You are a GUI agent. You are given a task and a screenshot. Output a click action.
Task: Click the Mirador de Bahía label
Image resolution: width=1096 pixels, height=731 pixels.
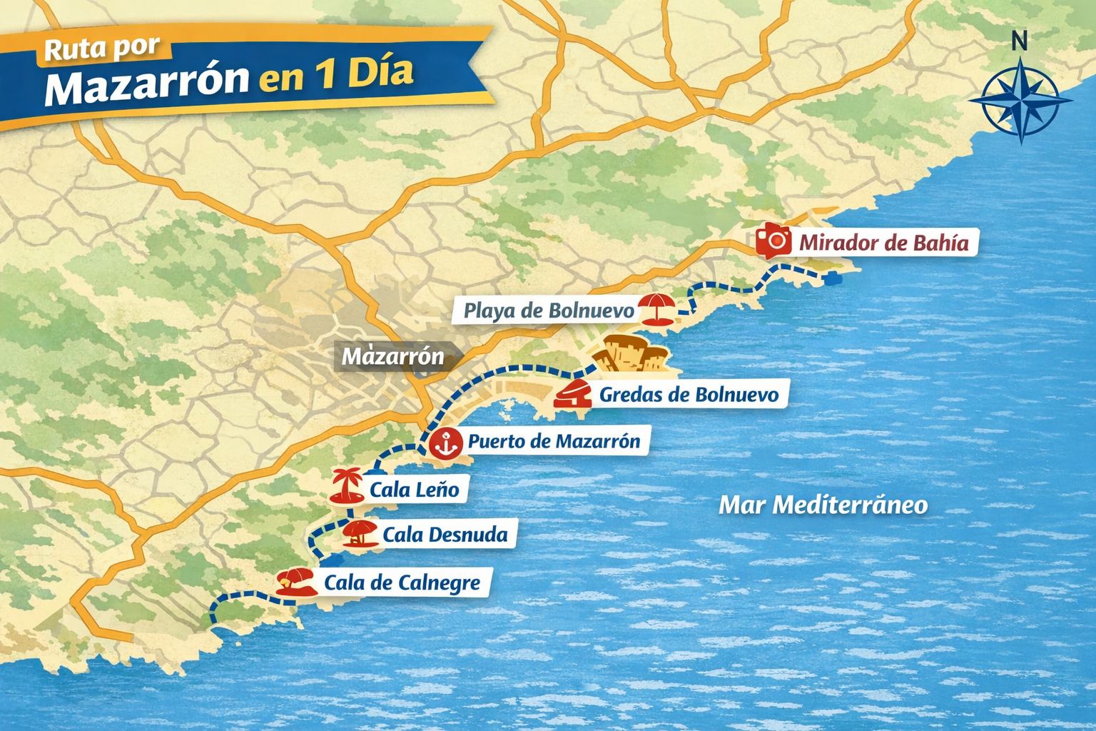883,243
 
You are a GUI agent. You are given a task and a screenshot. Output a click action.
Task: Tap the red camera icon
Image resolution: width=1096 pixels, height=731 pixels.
773,240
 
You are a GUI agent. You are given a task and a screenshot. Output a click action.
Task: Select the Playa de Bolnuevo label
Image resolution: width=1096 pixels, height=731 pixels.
548,311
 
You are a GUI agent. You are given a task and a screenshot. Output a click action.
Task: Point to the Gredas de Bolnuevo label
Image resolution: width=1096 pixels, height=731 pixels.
689,394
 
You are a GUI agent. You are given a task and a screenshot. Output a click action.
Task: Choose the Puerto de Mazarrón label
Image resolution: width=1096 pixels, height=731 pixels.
554,441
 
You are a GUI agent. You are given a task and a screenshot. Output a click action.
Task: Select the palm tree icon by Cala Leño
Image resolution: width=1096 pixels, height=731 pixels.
347,486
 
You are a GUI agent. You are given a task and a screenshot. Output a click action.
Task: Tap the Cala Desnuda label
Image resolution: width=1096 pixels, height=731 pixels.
445,535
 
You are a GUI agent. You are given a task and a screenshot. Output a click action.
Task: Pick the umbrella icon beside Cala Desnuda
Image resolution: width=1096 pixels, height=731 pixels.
360,533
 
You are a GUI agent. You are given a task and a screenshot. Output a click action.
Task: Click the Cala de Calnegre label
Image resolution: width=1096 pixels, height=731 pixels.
402,583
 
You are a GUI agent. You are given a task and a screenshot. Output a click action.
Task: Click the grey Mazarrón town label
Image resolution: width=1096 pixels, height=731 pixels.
392,356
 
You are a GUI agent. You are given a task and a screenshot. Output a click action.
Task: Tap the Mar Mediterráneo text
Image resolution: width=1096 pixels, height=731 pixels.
823,505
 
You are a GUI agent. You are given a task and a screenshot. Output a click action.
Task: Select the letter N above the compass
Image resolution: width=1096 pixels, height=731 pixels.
1020,41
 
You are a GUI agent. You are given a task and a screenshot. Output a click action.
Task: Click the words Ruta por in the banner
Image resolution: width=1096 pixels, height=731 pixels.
102,49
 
